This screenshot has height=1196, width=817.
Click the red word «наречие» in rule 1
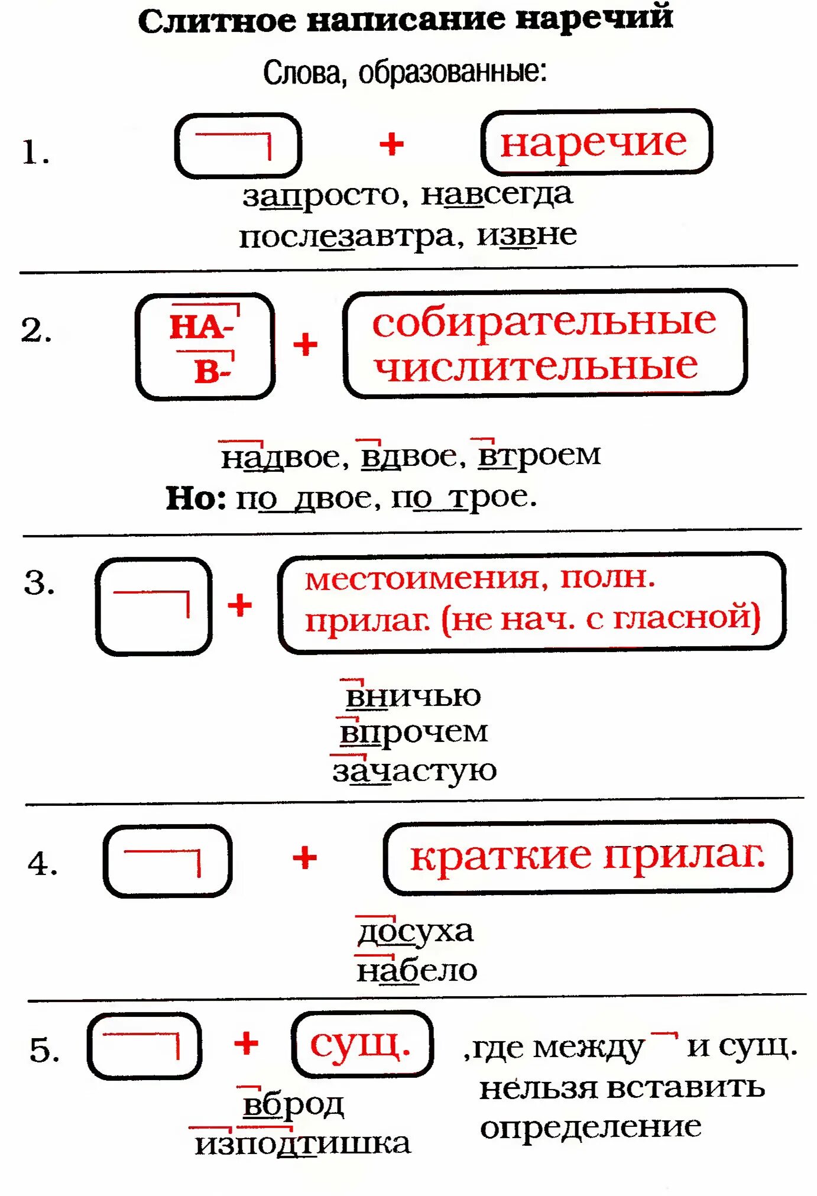594,143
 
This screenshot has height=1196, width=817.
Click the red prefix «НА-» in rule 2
201,326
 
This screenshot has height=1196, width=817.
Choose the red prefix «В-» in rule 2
212,372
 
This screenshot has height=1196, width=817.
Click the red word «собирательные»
544,322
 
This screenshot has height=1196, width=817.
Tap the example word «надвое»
281,457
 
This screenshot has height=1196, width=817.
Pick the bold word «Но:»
196,498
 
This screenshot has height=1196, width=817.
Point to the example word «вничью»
413,696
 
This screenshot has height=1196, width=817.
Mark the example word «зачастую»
414,771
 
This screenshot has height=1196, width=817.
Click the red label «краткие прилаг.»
587,855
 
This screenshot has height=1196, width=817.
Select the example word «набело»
417,971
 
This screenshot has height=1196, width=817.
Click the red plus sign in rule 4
305,858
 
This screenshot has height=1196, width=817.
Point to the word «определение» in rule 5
591,1127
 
